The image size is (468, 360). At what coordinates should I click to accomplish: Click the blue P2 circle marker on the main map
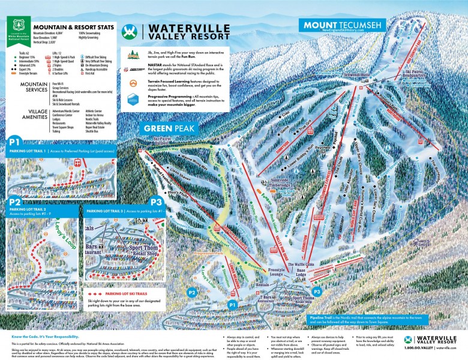tap(192, 292)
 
